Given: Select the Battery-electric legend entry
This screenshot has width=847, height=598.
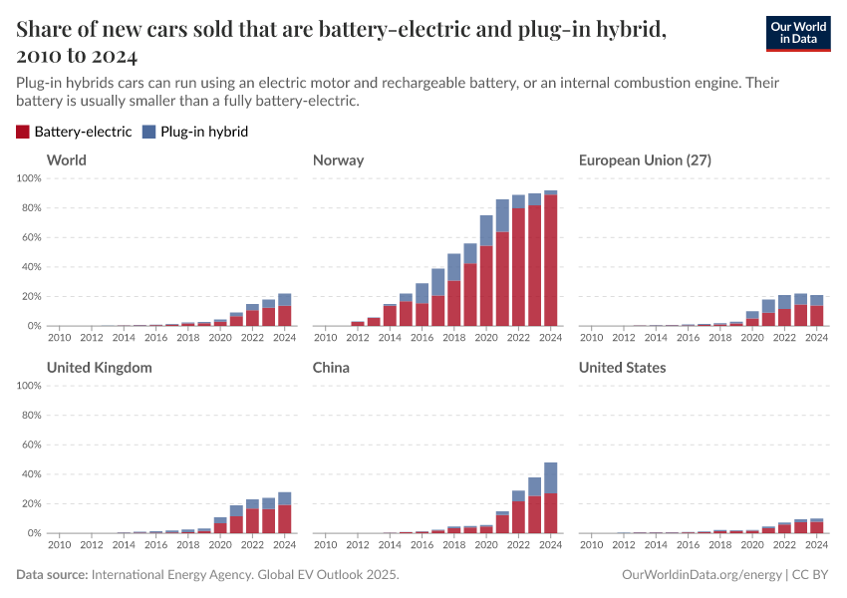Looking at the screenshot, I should (x=74, y=132).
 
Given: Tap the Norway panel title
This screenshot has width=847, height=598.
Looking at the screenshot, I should (x=338, y=160).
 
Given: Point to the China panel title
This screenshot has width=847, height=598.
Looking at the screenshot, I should (x=331, y=368).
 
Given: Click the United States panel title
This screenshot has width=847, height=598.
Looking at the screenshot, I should (x=622, y=368).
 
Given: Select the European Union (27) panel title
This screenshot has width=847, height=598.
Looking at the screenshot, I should (x=644, y=160).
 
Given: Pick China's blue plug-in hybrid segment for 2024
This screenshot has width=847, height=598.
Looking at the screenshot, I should (x=551, y=477).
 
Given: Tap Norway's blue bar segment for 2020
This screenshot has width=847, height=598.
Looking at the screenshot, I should (x=486, y=231).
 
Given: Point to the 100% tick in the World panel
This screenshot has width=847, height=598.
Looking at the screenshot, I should (x=28, y=178).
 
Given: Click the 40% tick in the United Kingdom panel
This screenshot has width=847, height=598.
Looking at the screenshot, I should (x=28, y=474).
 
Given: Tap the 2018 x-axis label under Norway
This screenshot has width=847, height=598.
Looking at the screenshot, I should (x=453, y=338).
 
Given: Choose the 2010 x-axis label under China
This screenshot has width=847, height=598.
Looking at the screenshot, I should (x=325, y=545).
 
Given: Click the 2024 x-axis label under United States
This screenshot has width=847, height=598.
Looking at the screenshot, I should (x=816, y=545).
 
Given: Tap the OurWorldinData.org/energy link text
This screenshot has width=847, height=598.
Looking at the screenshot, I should (x=702, y=575).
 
